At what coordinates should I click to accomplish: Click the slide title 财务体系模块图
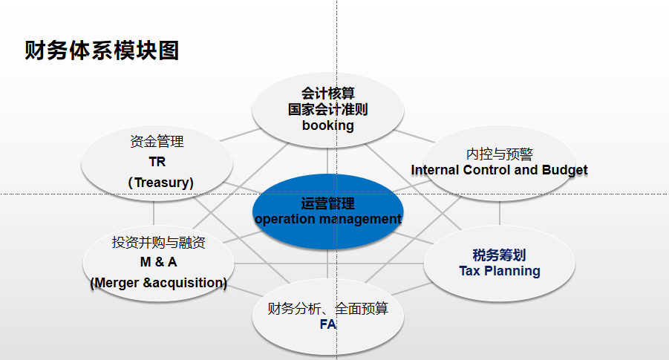102,50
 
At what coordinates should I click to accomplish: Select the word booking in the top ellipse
327,125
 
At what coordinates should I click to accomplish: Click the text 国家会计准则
327,109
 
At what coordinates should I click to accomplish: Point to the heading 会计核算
327,94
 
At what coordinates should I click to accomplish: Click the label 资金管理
157,142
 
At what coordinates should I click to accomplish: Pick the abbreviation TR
157,162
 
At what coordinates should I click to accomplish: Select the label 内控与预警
499,154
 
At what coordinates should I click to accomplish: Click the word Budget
564,170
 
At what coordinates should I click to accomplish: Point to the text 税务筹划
499,256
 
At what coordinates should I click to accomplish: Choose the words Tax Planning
499,271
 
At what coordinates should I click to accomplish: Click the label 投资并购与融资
158,243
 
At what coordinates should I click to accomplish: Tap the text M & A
158,262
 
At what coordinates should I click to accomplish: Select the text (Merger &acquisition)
158,283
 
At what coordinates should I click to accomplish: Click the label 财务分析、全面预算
327,309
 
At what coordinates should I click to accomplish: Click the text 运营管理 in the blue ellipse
327,204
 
